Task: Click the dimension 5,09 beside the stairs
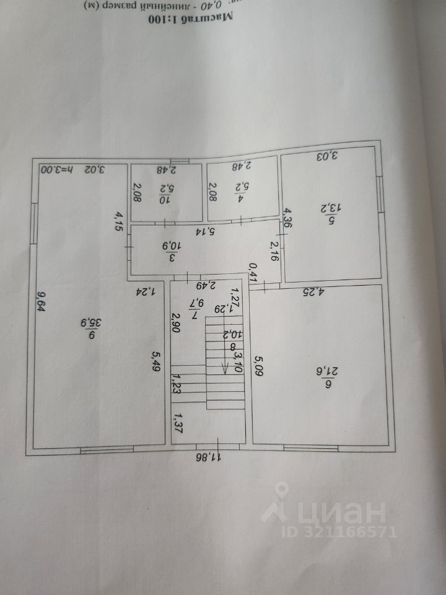tap(258, 366)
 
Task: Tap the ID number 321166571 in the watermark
tap(347, 531)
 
